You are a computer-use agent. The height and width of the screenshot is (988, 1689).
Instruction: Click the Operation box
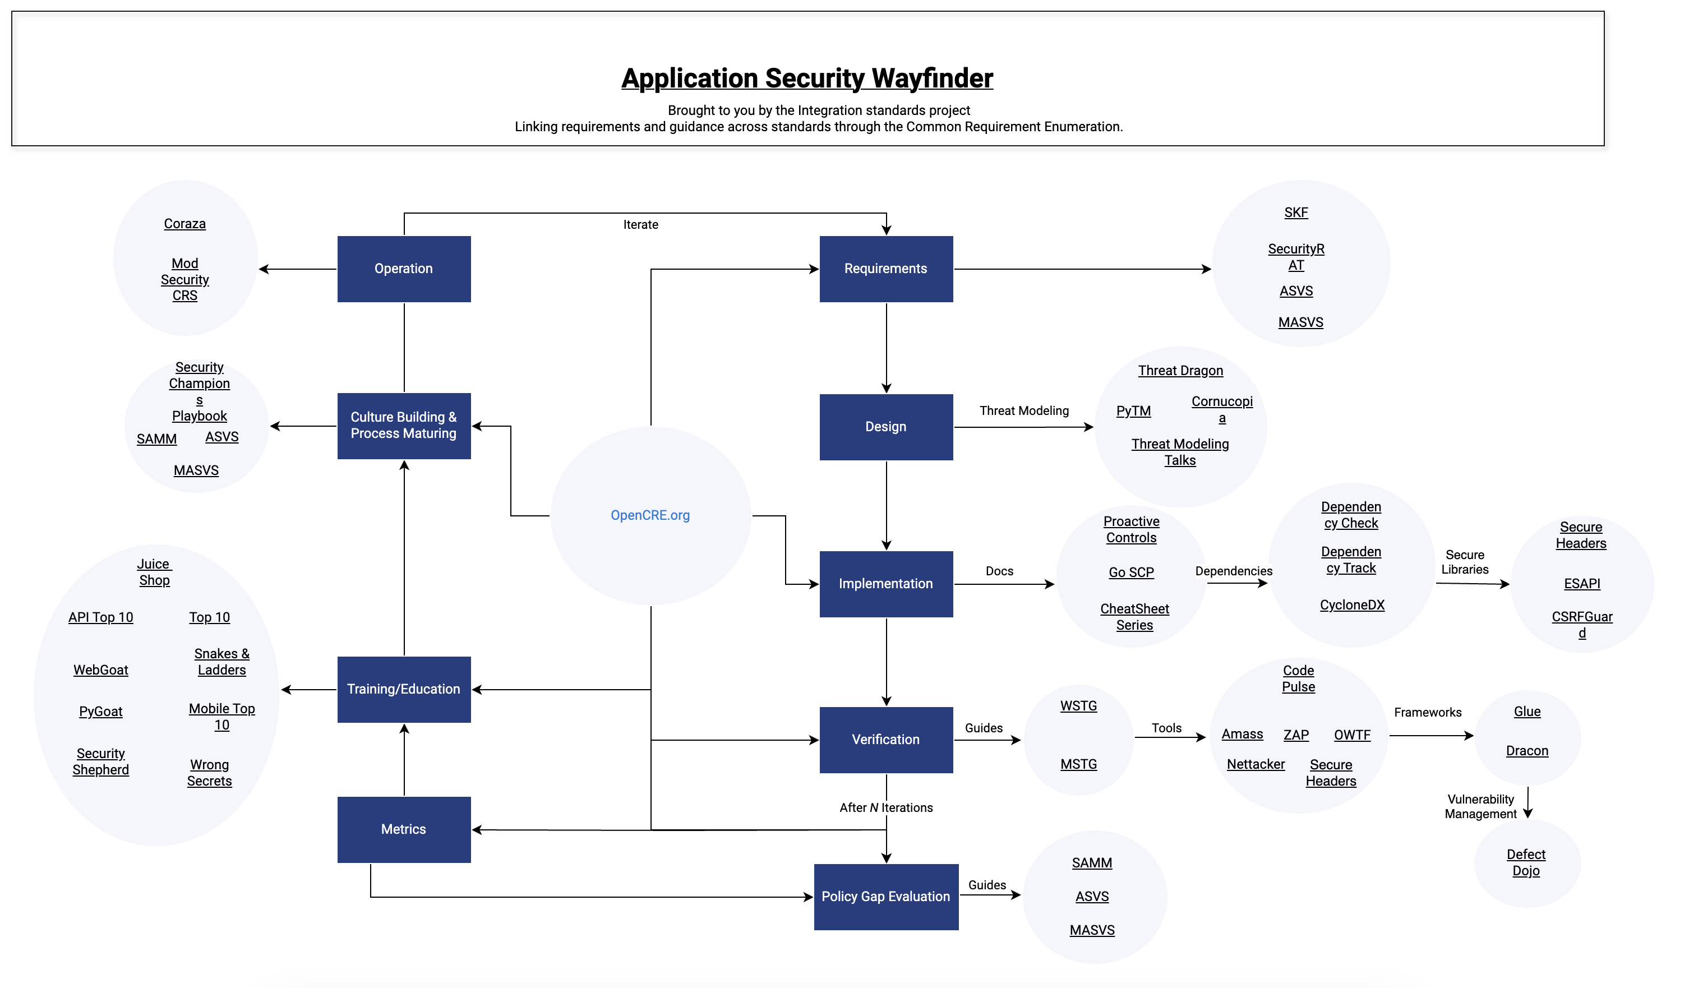point(404,269)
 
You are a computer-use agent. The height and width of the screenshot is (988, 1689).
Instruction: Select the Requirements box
point(885,269)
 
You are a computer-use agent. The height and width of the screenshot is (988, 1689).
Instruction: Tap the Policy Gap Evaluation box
point(885,896)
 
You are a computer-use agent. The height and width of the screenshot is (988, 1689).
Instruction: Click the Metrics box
point(404,829)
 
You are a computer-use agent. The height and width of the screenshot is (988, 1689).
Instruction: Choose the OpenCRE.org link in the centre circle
point(649,515)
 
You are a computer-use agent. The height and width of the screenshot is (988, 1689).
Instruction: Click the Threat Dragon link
point(1180,371)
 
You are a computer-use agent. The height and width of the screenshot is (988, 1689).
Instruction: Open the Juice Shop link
point(154,573)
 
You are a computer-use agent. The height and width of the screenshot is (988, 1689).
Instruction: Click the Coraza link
point(184,224)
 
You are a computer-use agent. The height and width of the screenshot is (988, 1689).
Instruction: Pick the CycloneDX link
point(1352,604)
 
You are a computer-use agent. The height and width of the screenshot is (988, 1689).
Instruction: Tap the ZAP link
point(1295,735)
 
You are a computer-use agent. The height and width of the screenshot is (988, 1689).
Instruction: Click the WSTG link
point(1078,706)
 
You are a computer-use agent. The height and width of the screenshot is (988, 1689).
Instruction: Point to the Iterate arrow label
point(640,224)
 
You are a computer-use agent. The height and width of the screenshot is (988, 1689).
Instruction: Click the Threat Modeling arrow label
point(1023,410)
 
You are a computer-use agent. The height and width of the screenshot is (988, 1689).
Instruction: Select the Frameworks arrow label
point(1428,712)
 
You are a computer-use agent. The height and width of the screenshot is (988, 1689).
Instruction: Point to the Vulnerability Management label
point(1480,806)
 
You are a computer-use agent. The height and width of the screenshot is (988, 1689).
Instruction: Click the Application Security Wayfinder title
point(806,79)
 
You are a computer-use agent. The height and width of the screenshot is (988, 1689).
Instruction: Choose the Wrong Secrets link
point(209,773)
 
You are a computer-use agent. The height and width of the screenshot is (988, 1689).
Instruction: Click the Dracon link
point(1527,751)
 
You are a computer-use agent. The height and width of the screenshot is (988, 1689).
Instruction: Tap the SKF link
point(1295,213)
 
